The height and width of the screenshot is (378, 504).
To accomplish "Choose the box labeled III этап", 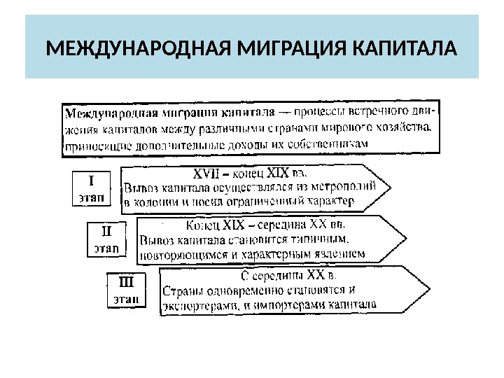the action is point(127,290).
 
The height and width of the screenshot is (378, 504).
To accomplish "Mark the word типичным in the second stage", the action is point(319,239).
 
